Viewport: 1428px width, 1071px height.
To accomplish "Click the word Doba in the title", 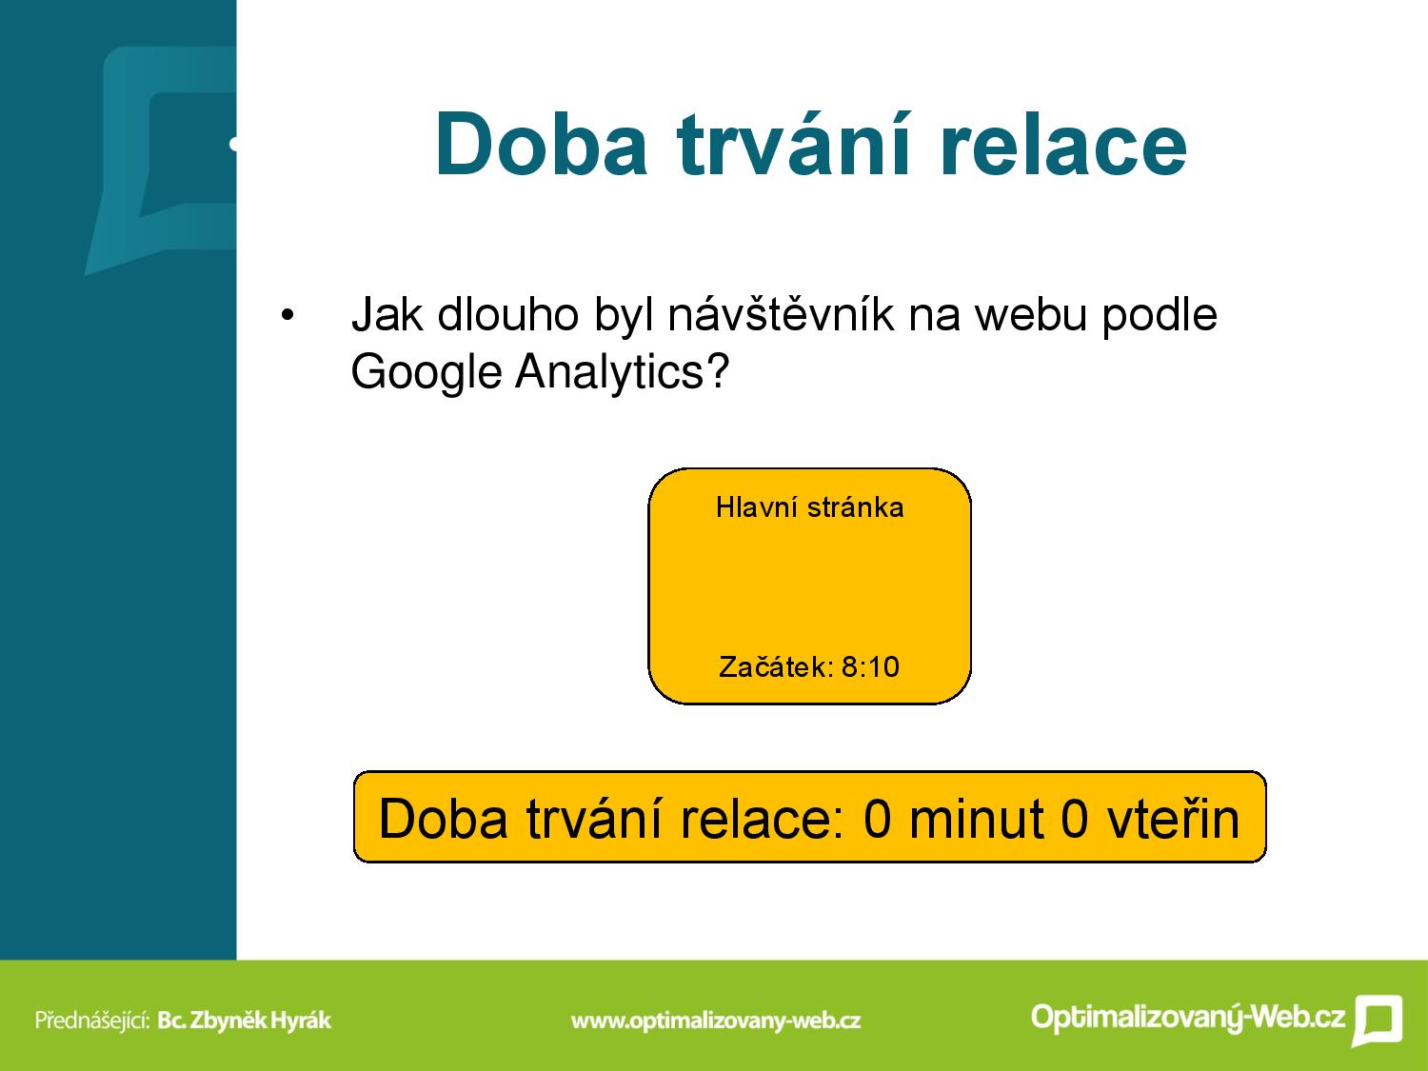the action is (542, 145).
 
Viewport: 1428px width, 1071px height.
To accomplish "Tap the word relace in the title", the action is (1063, 145).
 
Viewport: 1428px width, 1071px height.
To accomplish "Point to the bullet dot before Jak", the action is (288, 316).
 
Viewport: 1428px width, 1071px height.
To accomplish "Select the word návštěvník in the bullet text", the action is (781, 314).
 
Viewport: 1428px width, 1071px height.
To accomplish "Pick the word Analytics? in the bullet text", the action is (622, 372).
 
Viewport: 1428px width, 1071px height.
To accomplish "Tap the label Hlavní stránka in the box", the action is (809, 507).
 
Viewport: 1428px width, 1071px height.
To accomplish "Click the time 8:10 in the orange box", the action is (870, 667).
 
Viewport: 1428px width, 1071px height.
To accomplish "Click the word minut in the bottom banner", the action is (977, 819).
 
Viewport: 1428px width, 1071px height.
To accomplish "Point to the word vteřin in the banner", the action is (1174, 819).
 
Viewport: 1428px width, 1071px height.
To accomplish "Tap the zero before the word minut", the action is (877, 819).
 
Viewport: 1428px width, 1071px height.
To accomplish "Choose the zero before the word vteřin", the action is (1075, 819).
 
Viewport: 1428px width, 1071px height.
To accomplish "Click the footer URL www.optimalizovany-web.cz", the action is (716, 1021).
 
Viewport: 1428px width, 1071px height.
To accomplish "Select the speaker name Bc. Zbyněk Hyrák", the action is (245, 1021).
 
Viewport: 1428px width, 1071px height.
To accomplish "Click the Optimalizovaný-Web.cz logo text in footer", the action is (1188, 1018).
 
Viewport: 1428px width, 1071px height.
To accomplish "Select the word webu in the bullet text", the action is (1029, 315).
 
